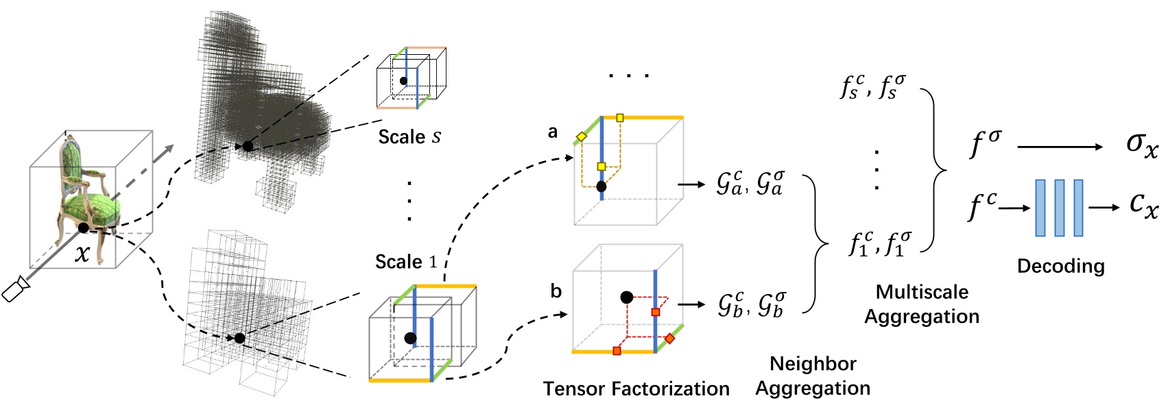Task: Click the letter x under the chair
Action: point(82,254)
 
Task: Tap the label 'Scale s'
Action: point(409,137)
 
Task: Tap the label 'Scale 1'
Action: point(405,262)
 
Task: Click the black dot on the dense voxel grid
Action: point(248,146)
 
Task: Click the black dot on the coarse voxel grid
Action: point(239,338)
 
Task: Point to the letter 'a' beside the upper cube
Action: point(553,132)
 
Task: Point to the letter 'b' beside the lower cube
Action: point(556,291)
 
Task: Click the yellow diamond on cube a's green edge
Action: point(582,137)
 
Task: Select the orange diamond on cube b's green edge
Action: point(670,339)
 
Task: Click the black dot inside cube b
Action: point(626,297)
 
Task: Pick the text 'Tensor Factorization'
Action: point(636,389)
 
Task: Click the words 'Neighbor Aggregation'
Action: point(813,376)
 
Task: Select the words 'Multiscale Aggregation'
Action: point(922,304)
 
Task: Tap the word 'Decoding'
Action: point(1060,266)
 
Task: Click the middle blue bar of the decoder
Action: point(1060,208)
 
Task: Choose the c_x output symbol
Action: point(1143,204)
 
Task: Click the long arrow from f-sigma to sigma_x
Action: point(1060,147)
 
